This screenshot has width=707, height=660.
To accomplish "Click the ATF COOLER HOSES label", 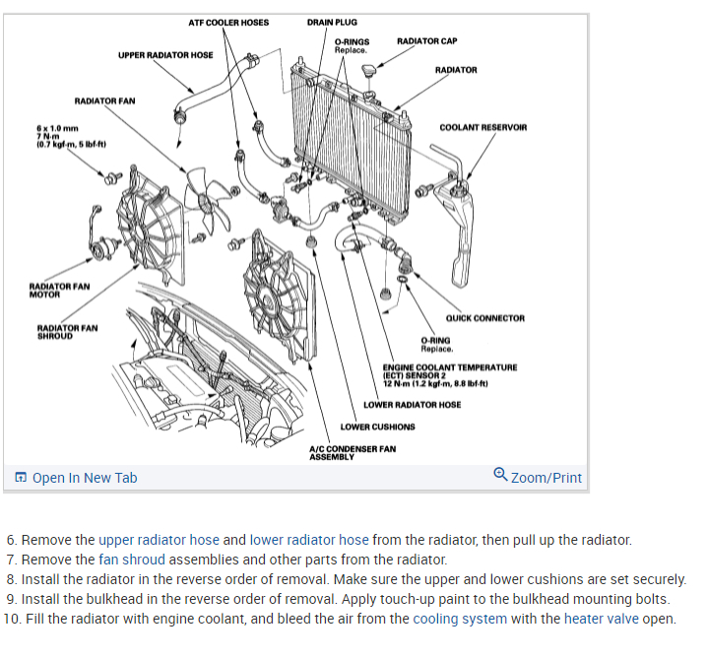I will [x=228, y=22].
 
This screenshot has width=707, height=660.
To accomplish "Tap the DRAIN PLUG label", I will [x=332, y=22].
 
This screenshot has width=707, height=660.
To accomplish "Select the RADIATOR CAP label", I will [x=426, y=40].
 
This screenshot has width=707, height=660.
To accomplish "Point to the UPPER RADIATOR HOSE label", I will [x=165, y=55].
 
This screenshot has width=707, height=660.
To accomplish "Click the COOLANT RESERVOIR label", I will [x=482, y=127].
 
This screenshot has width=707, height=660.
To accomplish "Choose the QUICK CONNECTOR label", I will [x=484, y=318].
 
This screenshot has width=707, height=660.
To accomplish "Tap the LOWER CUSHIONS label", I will [x=377, y=427].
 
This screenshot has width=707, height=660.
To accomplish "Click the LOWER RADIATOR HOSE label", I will [x=412, y=405].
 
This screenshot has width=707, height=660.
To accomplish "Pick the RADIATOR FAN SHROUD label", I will [x=67, y=332].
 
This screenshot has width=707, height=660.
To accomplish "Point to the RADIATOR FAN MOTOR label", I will [x=59, y=290].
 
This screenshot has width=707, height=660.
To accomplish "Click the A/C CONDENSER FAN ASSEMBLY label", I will [x=353, y=452].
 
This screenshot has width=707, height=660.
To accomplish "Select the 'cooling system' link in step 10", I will [x=460, y=619].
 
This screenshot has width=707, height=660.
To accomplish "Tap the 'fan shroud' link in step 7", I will [x=132, y=560].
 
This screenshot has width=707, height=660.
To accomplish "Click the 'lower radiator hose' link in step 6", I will [x=309, y=540].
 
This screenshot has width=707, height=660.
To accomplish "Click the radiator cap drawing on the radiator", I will [x=369, y=74].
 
